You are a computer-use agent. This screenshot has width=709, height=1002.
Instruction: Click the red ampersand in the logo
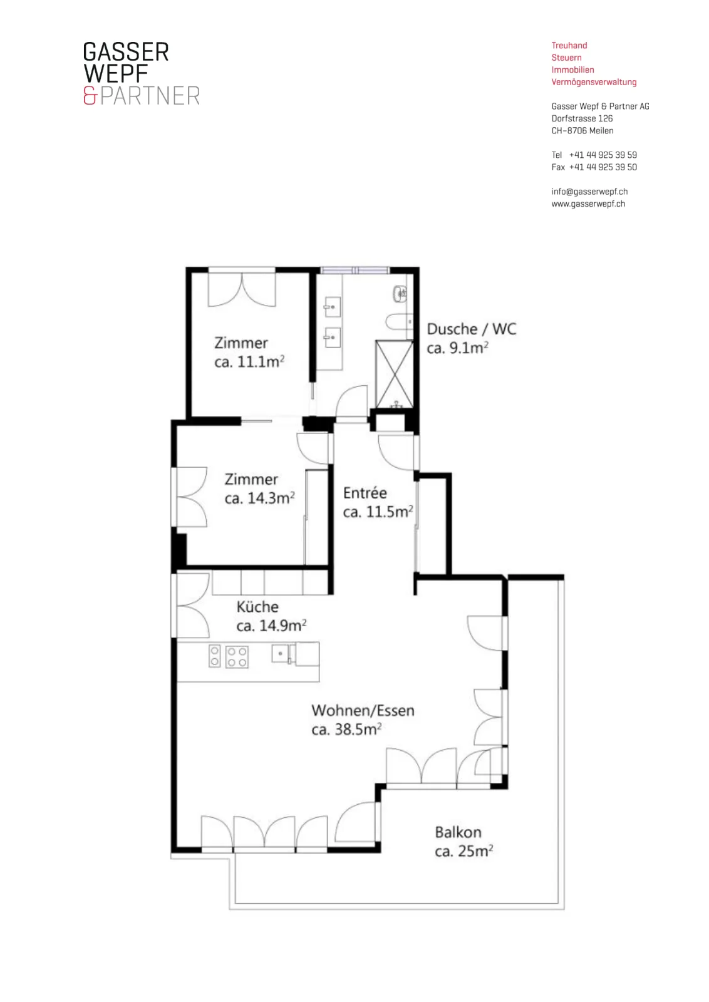90,96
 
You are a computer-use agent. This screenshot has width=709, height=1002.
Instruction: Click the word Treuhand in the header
569,46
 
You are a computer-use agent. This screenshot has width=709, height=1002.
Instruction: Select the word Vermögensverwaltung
594,82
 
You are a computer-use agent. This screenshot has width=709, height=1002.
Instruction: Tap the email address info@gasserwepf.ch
589,192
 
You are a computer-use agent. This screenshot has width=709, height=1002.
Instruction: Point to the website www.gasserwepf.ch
588,204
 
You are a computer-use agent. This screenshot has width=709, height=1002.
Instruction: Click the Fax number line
594,167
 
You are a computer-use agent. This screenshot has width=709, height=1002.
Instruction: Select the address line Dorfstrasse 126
582,118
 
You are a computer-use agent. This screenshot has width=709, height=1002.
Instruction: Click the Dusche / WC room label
472,329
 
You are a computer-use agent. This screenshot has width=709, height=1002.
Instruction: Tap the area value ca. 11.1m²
249,361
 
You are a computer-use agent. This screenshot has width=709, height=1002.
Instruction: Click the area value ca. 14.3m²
259,498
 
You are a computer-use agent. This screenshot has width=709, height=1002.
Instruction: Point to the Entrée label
365,492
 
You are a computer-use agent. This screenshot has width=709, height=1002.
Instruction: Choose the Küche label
257,607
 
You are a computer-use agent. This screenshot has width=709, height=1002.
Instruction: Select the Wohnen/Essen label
363,710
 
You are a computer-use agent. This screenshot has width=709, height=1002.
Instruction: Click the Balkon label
458,832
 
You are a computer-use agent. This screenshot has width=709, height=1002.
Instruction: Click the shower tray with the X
394,374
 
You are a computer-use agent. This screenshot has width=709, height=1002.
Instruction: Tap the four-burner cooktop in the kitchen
237,657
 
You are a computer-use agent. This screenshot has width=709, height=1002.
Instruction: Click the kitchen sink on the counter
281,654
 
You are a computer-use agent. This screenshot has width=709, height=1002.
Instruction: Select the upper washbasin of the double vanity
333,307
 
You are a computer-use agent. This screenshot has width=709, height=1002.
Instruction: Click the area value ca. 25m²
464,851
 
